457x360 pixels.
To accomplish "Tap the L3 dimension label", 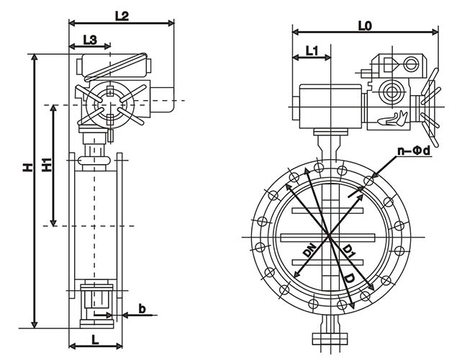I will [90, 40].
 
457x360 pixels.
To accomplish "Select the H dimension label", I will [27, 168].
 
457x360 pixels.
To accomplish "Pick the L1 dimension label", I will [312, 51].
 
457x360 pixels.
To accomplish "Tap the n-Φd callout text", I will [415, 151].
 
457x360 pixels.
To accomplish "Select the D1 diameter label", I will [348, 251].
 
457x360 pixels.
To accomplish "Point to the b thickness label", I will [142, 310].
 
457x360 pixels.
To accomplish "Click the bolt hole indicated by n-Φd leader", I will [369, 180].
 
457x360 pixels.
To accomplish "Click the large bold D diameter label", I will [350, 277].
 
